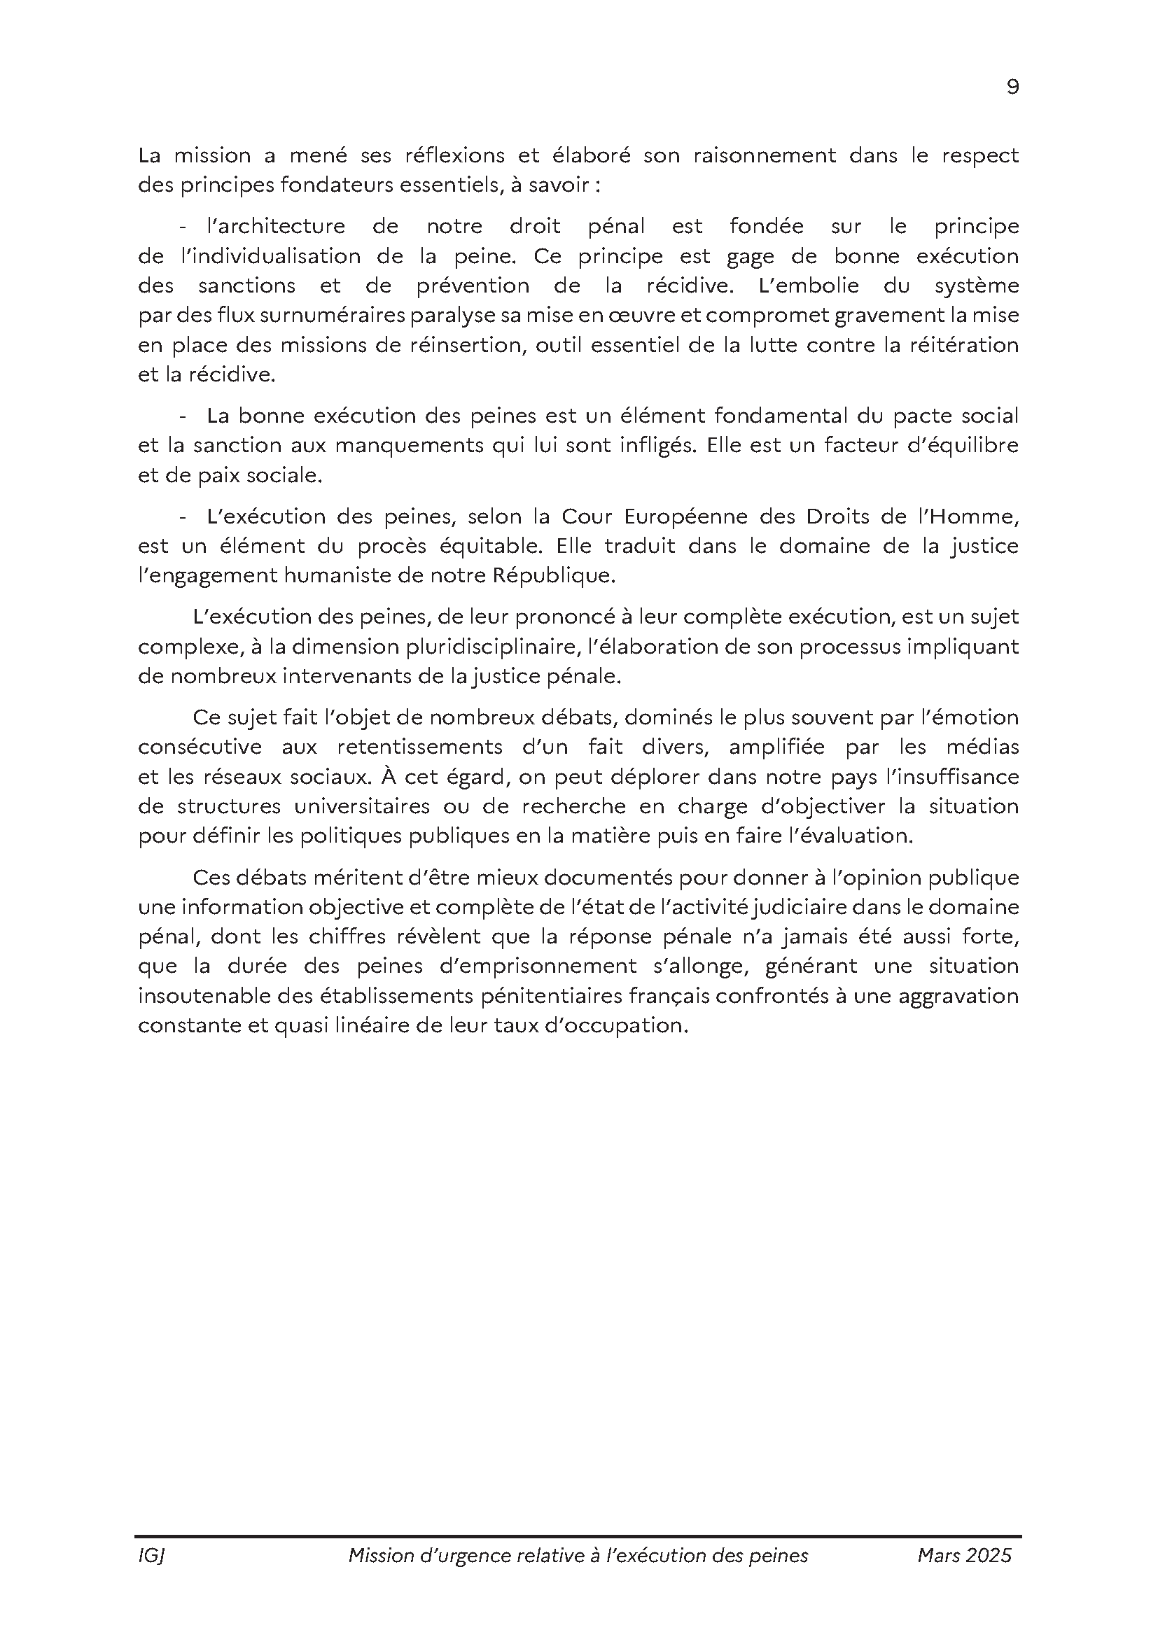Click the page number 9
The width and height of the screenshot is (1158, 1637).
coord(1012,87)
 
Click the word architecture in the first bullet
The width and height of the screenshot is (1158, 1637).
coord(275,226)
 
